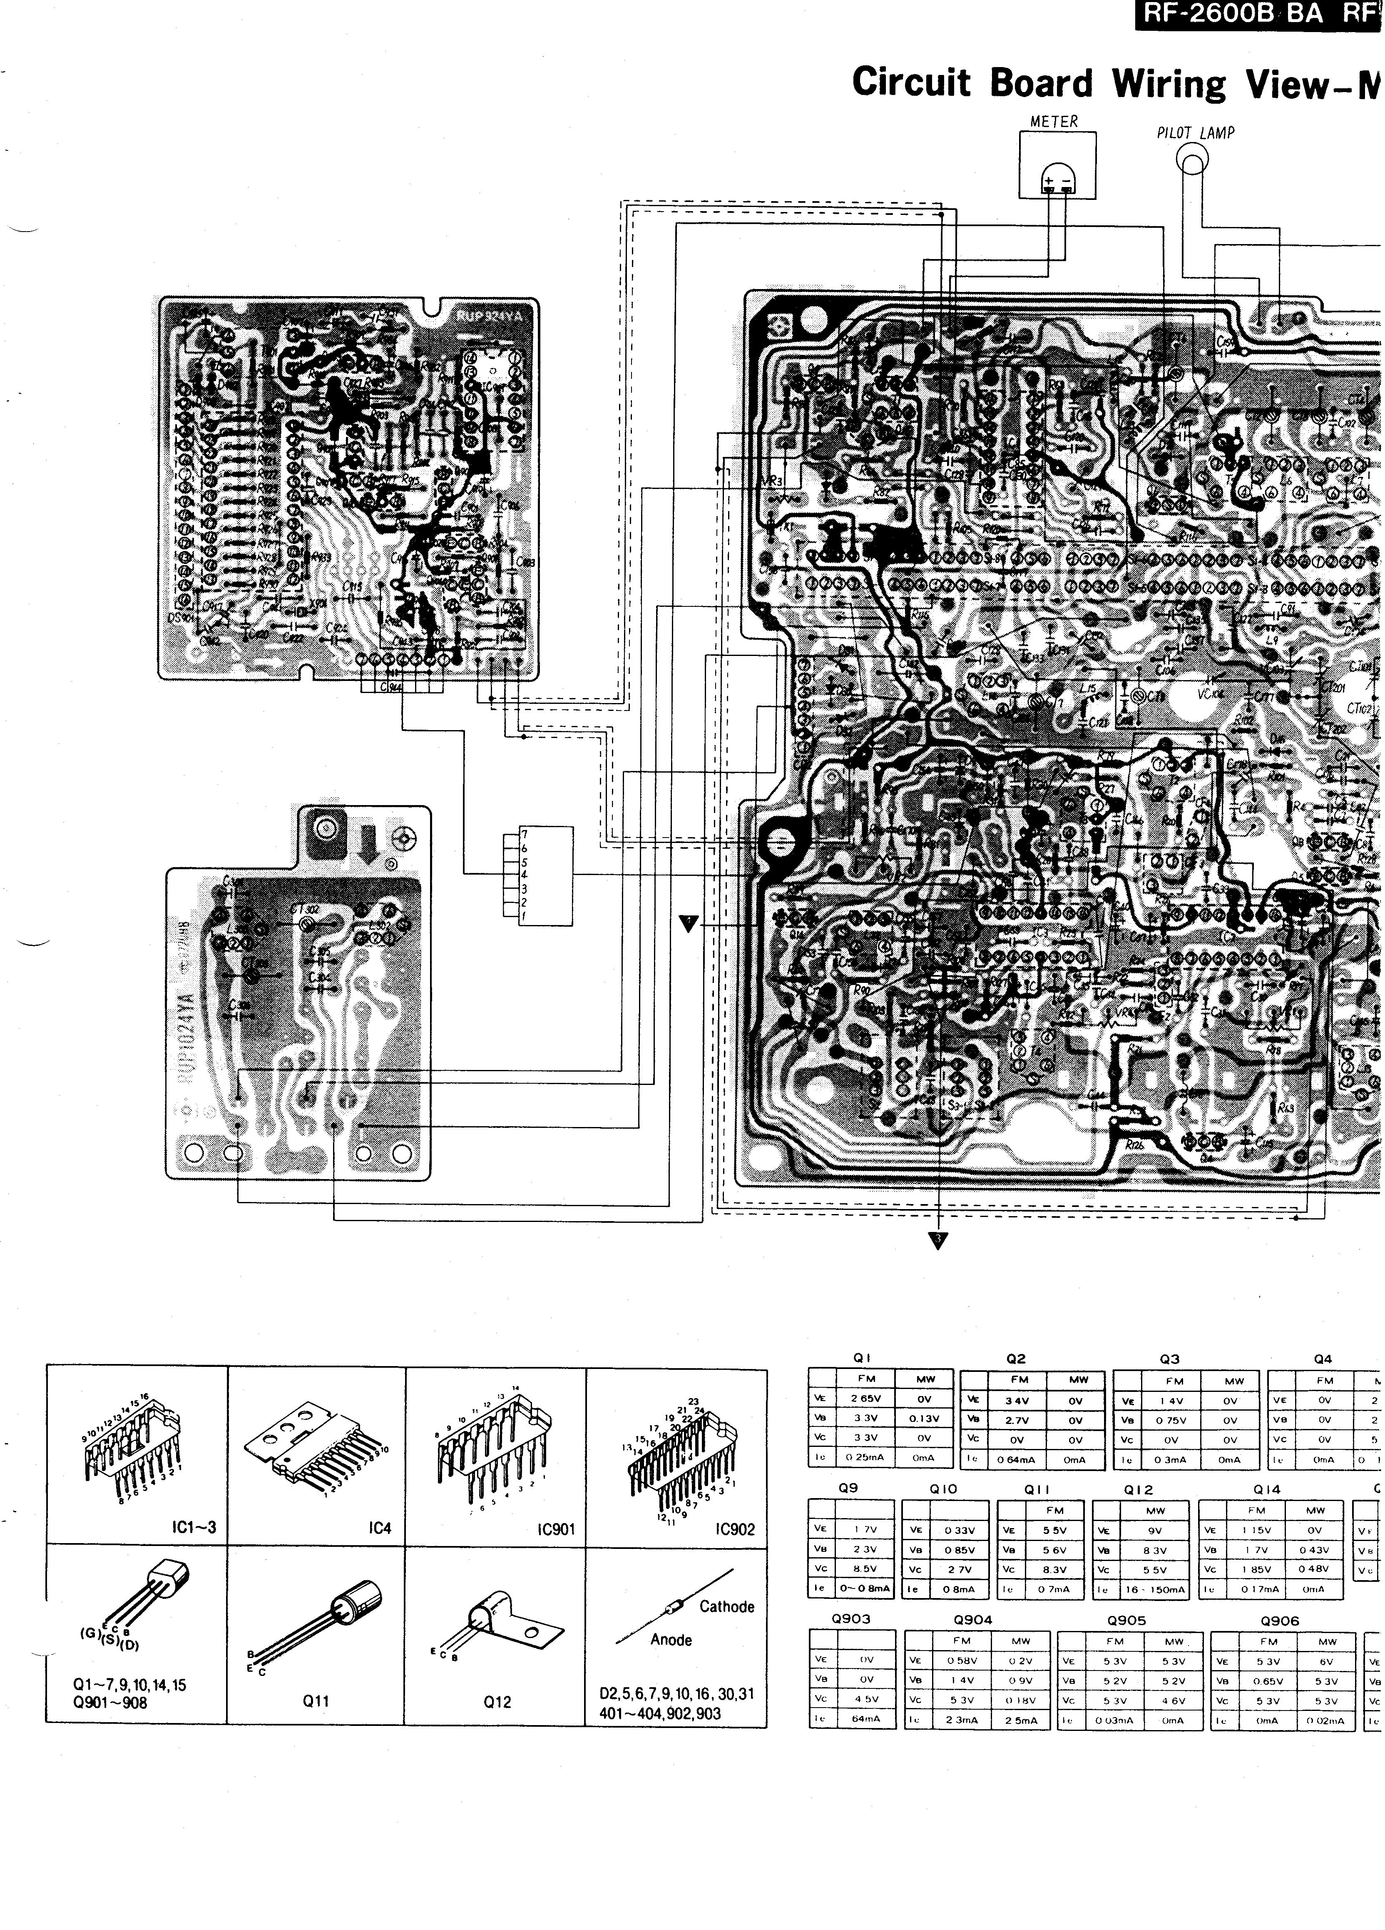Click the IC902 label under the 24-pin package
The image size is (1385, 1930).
coord(735,1529)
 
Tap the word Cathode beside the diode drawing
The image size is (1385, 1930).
coord(726,1607)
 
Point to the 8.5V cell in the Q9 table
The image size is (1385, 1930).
coord(865,1569)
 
